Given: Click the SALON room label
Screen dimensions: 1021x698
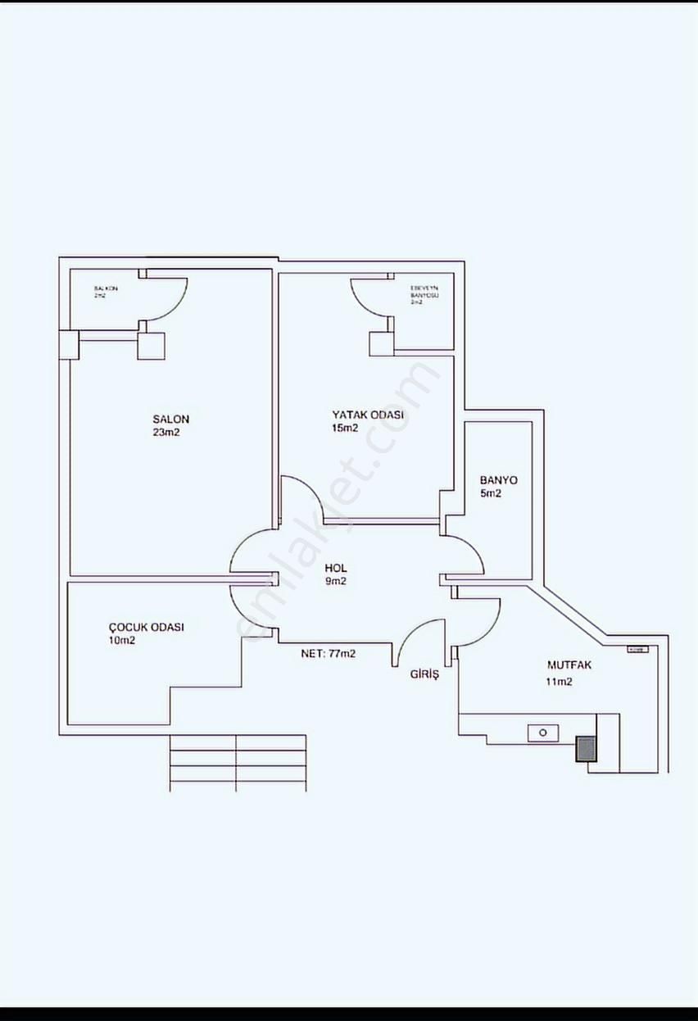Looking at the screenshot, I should click(x=170, y=420).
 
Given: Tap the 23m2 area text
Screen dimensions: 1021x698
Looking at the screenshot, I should click(x=165, y=433).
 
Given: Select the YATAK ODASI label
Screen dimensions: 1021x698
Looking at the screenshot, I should click(x=368, y=415).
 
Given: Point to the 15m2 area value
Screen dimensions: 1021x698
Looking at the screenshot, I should click(x=345, y=428).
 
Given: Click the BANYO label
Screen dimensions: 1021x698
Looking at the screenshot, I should click(x=499, y=480).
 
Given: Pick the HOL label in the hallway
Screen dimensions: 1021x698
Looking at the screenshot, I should click(x=336, y=568).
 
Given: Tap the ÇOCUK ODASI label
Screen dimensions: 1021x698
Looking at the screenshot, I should click(x=146, y=627).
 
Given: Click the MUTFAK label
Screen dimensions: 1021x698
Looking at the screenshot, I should click(x=569, y=665).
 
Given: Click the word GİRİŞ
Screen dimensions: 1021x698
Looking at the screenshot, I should click(x=425, y=674).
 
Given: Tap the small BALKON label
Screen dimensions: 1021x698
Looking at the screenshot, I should click(x=106, y=288).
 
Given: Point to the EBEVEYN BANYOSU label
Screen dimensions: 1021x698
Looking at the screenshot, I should click(x=424, y=292).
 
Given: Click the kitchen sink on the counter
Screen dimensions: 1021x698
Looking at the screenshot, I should click(x=542, y=733).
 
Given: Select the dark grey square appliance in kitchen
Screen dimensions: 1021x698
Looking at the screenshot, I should click(x=587, y=749).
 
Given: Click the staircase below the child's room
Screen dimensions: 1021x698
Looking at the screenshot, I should click(x=238, y=763).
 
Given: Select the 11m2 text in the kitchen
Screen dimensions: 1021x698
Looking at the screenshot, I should click(x=559, y=682).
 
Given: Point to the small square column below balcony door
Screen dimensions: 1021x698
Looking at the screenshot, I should click(x=152, y=345).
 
